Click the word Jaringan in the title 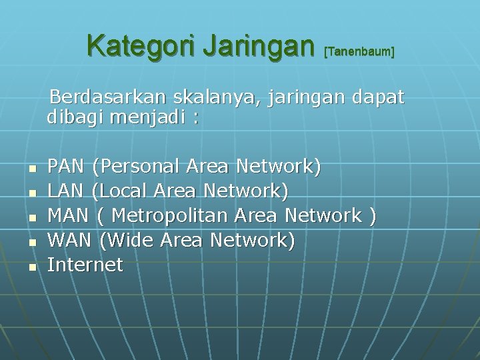pos(258,47)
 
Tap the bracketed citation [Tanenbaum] pos(359,51)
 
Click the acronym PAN pos(67,166)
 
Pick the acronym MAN pos(67,215)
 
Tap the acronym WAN pos(69,240)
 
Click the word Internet pos(85,265)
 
